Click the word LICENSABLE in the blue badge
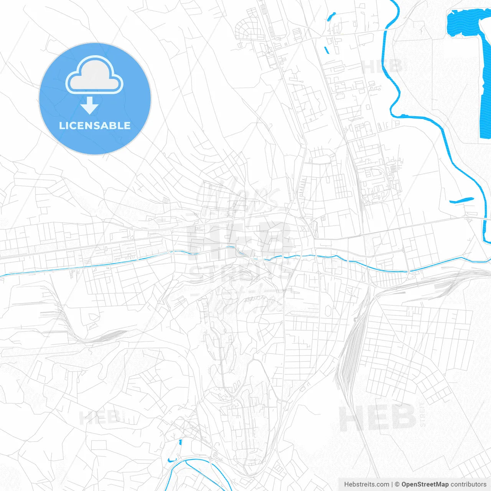pos(95,125)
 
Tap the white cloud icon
pos(94,76)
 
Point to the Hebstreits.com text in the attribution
pos(366,484)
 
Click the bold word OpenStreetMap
pos(425,484)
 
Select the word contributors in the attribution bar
pos(468,484)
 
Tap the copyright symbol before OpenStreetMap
pos(397,484)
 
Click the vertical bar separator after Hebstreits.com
pos(392,484)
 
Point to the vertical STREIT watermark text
pos(423,415)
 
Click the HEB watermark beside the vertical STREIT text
pos(377,417)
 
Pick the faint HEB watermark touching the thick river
pos(382,67)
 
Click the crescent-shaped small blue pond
pos(172,460)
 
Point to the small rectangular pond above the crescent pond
pos(180,442)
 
